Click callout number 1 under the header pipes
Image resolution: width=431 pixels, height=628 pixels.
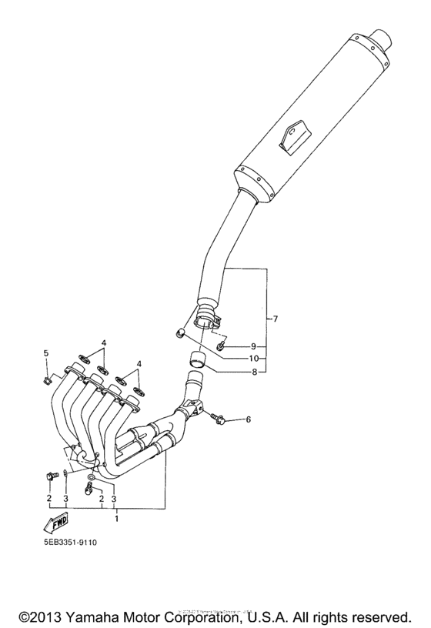[x=116, y=519]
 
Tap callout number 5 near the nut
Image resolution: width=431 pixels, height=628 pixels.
[x=45, y=353]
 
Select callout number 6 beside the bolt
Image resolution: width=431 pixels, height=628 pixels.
[x=249, y=419]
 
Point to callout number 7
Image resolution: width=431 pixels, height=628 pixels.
[x=276, y=318]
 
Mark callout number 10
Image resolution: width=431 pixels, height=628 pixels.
[x=253, y=358]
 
